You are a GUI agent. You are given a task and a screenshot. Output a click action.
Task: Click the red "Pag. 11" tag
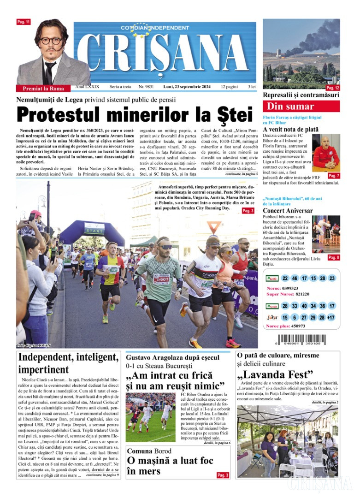point(24,22)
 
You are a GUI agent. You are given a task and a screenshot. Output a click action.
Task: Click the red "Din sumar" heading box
point(301,107)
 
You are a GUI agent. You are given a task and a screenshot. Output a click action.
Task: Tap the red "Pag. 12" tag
point(333,88)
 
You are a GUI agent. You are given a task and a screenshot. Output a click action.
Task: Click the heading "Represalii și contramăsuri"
point(301,95)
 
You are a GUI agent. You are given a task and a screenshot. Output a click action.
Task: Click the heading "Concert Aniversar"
point(288,211)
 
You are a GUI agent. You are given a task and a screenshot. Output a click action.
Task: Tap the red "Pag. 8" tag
point(334,258)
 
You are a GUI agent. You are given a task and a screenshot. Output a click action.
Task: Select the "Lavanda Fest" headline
point(275,373)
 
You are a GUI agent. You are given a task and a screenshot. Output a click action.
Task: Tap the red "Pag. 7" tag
point(334,176)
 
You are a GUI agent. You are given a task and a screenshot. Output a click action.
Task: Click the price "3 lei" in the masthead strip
point(252,87)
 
